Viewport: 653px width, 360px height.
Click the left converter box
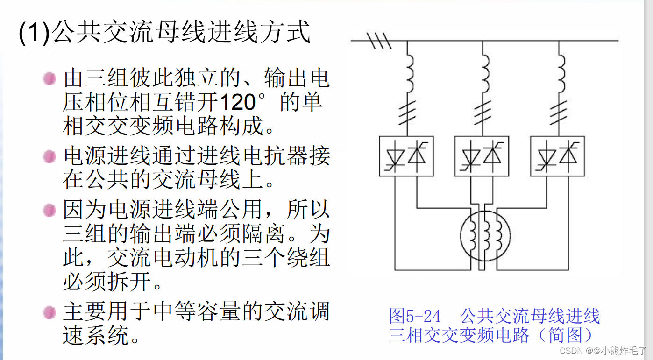tap(406, 156)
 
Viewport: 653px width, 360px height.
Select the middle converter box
tap(482, 156)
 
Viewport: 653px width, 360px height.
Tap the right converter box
tap(557, 156)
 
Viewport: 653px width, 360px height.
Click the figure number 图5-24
tap(415, 317)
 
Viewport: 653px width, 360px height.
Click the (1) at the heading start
tap(34, 34)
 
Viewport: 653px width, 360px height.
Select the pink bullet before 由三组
tap(49, 78)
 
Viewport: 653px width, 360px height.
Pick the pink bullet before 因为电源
tap(49, 211)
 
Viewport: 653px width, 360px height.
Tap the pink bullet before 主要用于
tap(49, 311)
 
